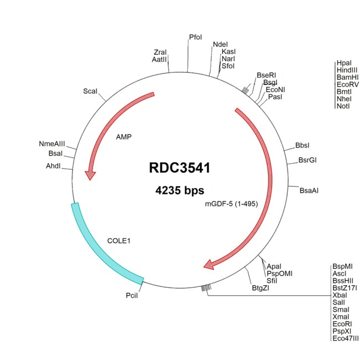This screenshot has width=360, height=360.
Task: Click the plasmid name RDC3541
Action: click(179, 168)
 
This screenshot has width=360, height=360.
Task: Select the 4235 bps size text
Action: click(180, 190)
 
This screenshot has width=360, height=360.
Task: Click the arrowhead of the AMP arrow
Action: click(90, 174)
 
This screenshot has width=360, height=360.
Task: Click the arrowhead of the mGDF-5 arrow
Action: click(209, 265)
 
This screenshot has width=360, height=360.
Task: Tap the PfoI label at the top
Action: click(196, 37)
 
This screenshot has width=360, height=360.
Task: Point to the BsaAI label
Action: click(309, 191)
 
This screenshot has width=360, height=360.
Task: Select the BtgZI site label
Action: click(261, 287)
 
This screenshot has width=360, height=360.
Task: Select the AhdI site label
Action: click(55, 166)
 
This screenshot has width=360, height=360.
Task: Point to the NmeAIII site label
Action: click(52, 144)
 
